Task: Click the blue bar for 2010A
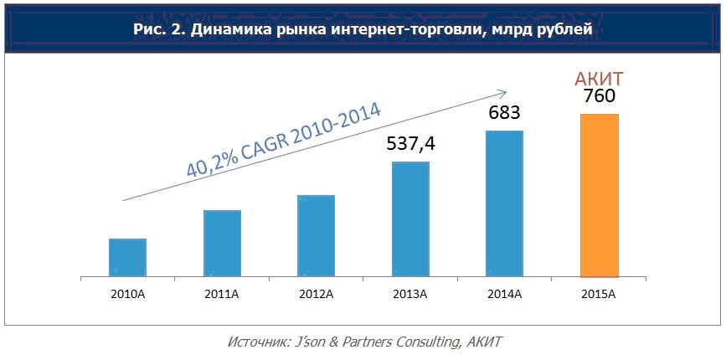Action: click(127, 257)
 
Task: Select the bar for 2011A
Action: click(222, 243)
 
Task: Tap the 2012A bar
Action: click(316, 235)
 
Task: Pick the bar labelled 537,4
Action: click(410, 219)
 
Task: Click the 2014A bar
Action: click(505, 203)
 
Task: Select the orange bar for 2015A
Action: click(599, 195)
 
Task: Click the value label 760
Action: click(599, 99)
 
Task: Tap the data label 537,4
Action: click(410, 144)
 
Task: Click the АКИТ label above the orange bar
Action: click(599, 80)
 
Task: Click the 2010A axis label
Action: click(127, 293)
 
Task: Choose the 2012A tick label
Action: click(316, 293)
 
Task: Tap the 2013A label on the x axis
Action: click(410, 293)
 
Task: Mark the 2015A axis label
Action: click(599, 293)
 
